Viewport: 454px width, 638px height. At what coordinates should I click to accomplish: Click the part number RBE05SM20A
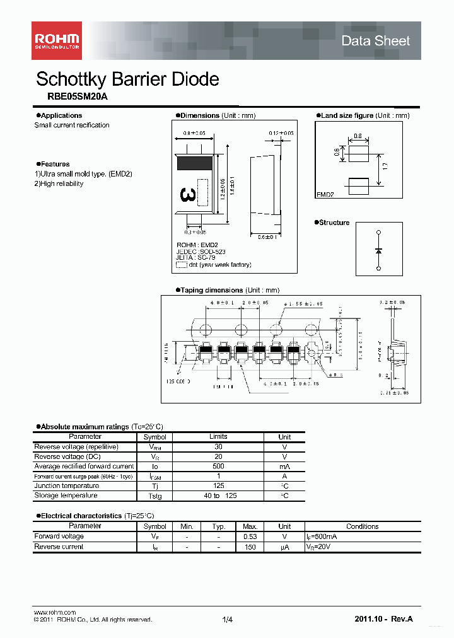click(78, 97)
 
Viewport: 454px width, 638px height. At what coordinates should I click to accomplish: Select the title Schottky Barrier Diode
click(127, 79)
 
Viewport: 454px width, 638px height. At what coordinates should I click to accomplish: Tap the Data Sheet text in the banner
click(375, 41)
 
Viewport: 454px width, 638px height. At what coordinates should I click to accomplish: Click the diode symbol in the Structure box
click(378, 251)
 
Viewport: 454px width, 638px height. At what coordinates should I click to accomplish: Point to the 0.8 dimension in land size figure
click(358, 136)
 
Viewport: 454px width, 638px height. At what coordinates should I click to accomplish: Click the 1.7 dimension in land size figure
click(385, 166)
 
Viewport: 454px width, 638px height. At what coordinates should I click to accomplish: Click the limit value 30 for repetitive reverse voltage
click(218, 446)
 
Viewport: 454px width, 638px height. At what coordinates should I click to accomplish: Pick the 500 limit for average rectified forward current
click(218, 467)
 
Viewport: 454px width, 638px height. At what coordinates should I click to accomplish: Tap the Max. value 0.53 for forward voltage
click(250, 536)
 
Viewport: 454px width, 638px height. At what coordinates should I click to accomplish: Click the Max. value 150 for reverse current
click(250, 547)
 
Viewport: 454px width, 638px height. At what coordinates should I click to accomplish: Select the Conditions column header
click(362, 526)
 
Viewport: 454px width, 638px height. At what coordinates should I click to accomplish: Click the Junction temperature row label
click(66, 486)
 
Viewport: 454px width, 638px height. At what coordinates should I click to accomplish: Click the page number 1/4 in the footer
click(227, 620)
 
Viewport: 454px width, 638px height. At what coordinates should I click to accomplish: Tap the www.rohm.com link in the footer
click(54, 612)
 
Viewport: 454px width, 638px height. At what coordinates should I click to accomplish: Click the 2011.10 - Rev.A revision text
click(383, 619)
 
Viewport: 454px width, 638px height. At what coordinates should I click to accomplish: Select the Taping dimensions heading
click(211, 290)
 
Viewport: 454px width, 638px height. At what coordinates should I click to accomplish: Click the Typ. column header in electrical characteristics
click(218, 526)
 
